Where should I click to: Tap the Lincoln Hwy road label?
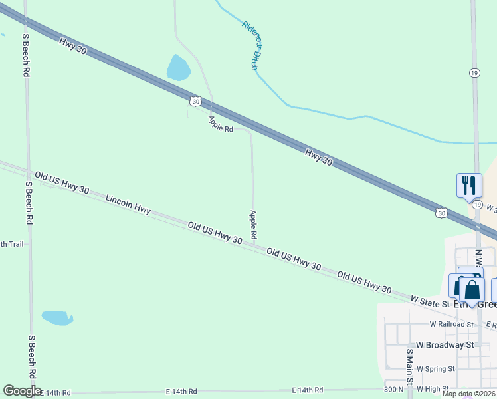pyautogui.click(x=128, y=203)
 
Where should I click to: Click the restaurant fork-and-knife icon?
pyautogui.click(x=469, y=184)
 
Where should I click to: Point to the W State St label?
pyautogui.click(x=431, y=303)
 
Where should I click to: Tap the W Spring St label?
pyautogui.click(x=433, y=368)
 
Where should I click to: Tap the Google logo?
pyautogui.click(x=22, y=391)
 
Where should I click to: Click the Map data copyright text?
pyautogui.click(x=468, y=394)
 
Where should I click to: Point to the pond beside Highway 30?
pyautogui.click(x=178, y=68)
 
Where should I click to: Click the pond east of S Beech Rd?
pyautogui.click(x=57, y=318)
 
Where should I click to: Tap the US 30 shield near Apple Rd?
pyautogui.click(x=193, y=101)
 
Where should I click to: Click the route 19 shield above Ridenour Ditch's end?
pyautogui.click(x=474, y=74)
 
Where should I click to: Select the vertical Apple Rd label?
pyautogui.click(x=253, y=225)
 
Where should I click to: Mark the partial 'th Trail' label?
pyautogui.click(x=12, y=244)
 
